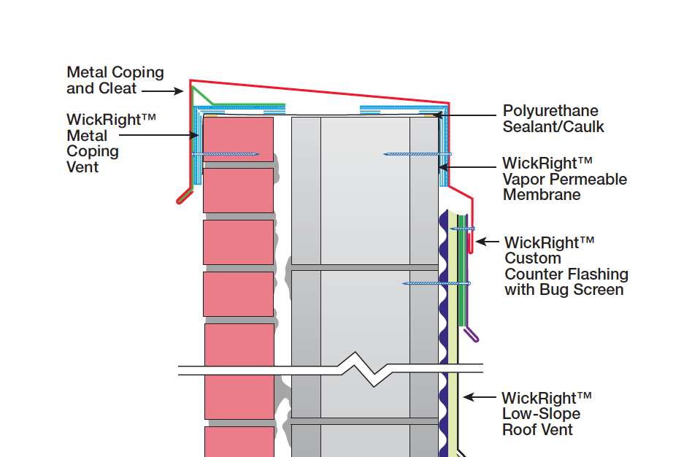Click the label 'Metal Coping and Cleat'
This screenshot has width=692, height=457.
115,80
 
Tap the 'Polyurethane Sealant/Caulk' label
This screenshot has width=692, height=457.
553,119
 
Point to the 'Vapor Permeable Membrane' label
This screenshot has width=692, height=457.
564,179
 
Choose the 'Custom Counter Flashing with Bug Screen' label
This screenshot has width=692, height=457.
566,266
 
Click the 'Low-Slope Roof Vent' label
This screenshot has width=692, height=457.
546,414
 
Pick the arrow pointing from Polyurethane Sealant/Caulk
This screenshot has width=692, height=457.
467,115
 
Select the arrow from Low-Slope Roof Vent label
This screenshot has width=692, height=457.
480,398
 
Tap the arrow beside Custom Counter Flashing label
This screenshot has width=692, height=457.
488,242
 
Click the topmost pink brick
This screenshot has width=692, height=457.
238,139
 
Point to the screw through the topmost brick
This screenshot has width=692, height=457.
226,154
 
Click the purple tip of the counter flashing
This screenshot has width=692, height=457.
473,335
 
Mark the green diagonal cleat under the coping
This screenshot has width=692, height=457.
203,96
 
